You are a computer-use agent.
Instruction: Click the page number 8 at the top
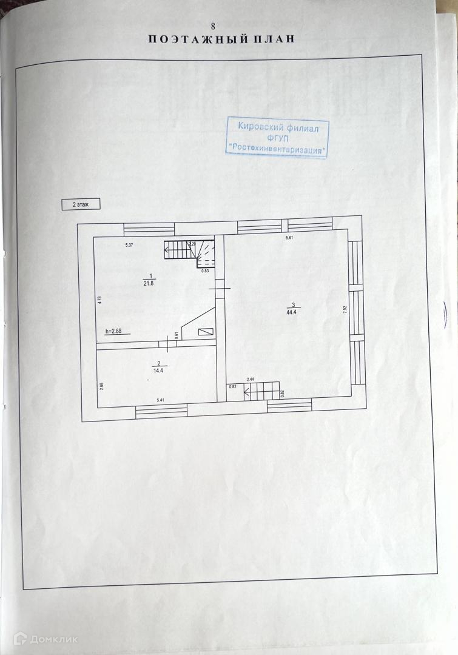[x=212, y=26]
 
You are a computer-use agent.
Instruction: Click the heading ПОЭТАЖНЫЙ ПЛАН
[x=221, y=39]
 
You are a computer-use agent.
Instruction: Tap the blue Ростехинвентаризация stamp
[x=277, y=138]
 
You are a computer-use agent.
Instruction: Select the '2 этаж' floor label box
[x=81, y=205]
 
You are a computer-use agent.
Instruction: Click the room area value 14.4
[x=158, y=367]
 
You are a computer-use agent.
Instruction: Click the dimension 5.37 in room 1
[x=129, y=244]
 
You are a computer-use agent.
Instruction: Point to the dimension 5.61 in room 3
[x=290, y=238]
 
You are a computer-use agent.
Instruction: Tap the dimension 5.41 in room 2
[x=161, y=400]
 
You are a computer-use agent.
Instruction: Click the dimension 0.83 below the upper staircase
[x=205, y=270]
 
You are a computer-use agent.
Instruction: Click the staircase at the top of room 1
[x=189, y=252]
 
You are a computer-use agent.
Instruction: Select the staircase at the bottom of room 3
[x=261, y=391]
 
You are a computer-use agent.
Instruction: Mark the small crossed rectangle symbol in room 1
[x=206, y=332]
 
